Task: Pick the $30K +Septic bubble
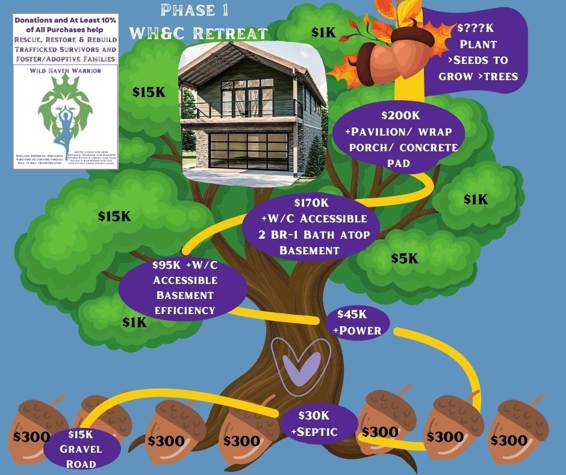318,423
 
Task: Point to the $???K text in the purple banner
476,28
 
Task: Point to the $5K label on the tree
404,258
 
